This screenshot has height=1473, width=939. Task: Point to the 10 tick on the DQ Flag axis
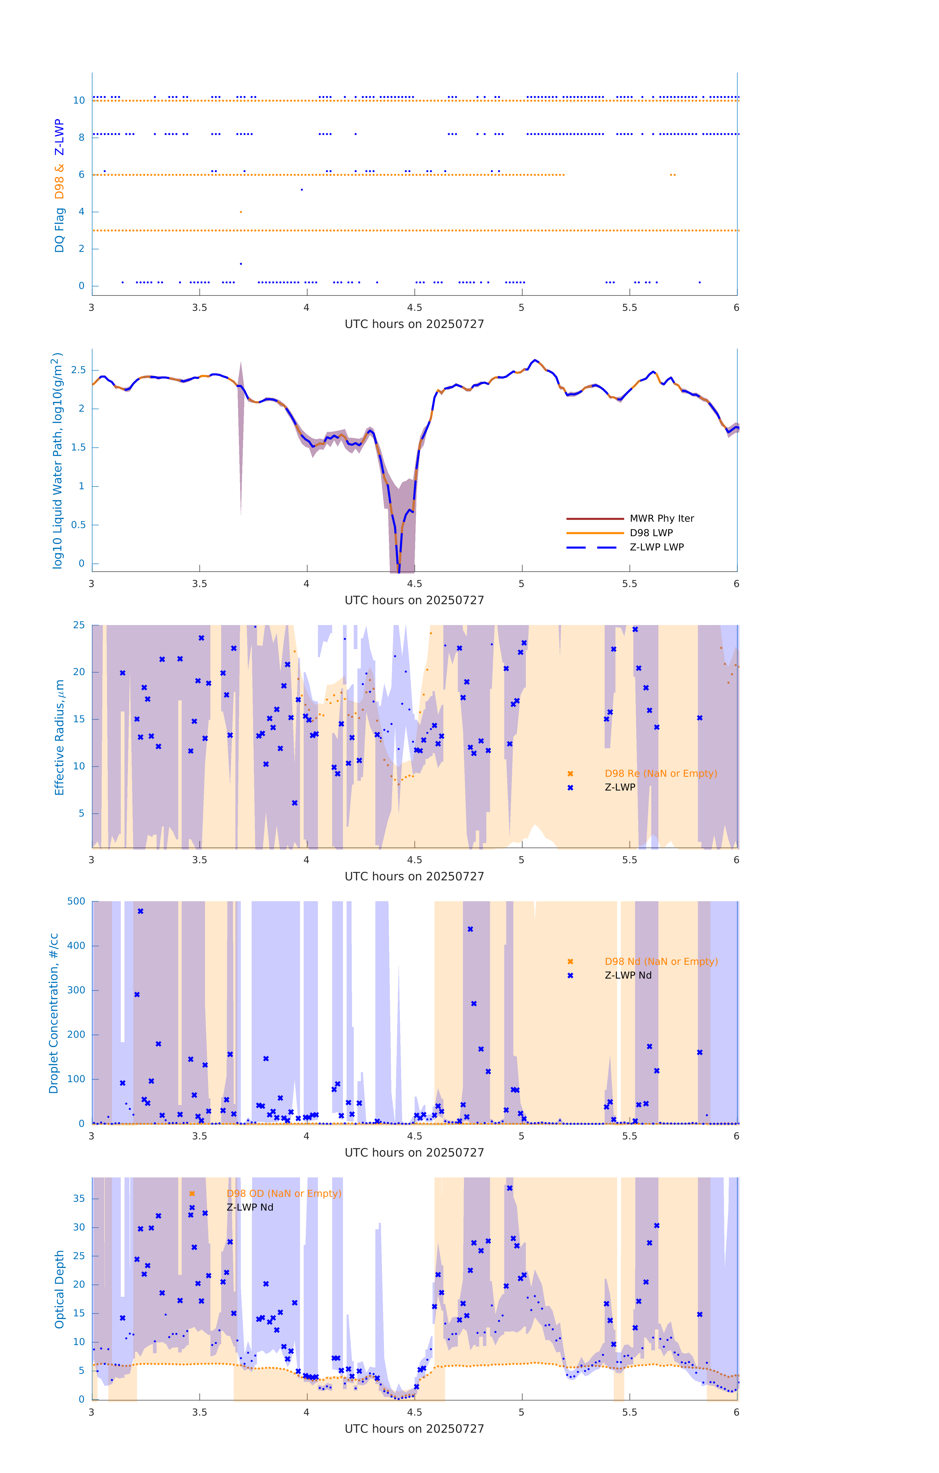(79, 100)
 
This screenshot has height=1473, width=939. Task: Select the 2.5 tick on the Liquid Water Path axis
(78, 370)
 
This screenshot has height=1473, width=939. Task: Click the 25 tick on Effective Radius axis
(79, 625)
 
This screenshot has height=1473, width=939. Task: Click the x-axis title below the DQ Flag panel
(414, 324)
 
